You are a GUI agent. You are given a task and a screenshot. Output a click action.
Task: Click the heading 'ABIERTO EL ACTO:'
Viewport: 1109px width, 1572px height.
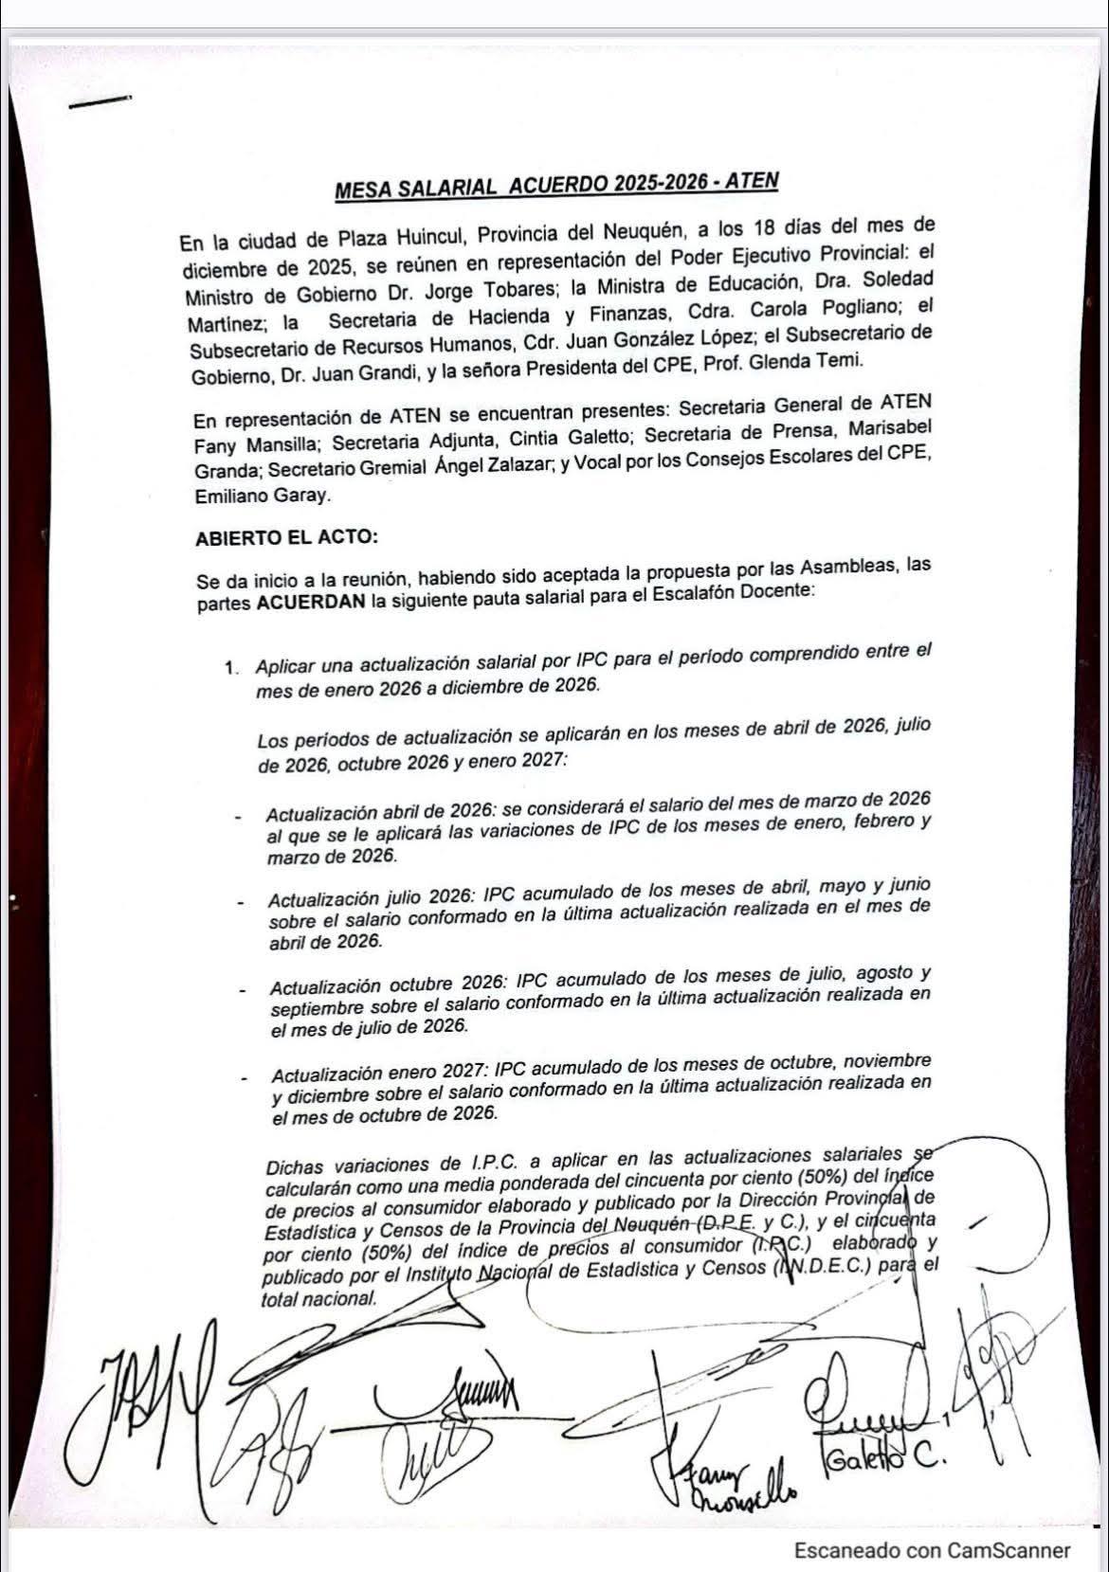tap(286, 537)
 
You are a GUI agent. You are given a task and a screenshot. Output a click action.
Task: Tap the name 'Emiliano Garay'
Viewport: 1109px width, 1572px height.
tap(262, 496)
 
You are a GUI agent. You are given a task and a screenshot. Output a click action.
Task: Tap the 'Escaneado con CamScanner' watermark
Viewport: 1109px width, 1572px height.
tap(932, 1550)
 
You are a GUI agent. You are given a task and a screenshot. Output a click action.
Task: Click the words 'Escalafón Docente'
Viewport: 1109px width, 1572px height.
tap(737, 592)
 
